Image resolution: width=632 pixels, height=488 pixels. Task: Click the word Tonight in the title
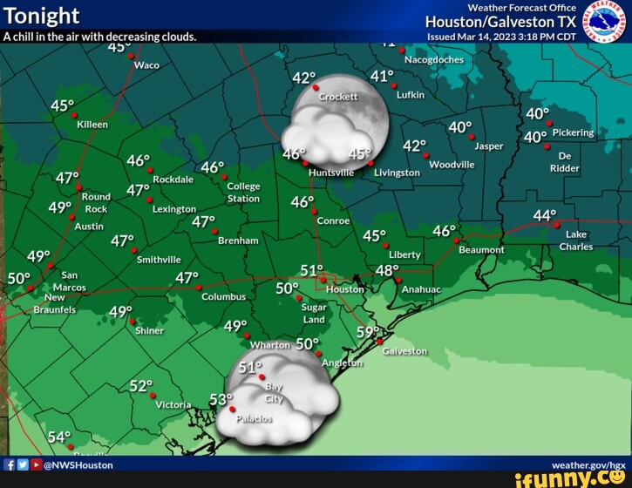click(x=42, y=16)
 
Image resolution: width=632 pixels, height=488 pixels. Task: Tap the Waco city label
click(x=146, y=65)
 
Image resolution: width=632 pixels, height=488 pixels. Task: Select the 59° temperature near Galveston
click(x=368, y=332)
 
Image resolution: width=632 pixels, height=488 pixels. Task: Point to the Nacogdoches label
click(x=434, y=60)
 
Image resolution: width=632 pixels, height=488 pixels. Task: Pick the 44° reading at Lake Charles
click(x=545, y=215)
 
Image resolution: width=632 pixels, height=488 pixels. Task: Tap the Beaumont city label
click(x=481, y=249)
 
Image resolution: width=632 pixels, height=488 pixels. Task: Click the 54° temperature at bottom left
click(x=59, y=437)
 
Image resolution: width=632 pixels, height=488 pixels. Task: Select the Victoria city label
click(x=173, y=404)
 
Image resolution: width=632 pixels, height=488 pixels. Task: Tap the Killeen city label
click(x=92, y=125)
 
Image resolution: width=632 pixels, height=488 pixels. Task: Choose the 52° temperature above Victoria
click(x=141, y=385)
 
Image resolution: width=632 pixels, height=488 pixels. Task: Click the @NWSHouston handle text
click(x=78, y=464)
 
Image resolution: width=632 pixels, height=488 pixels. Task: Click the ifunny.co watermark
click(x=575, y=478)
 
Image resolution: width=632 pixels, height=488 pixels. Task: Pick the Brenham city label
click(x=238, y=240)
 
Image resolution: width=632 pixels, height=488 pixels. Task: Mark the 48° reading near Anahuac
click(x=387, y=270)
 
